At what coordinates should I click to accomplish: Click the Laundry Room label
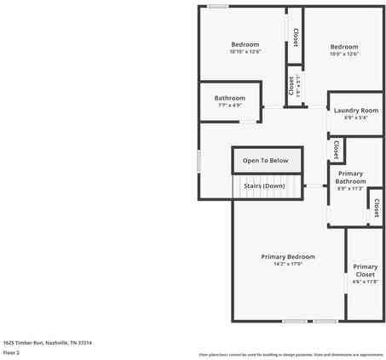(355, 111)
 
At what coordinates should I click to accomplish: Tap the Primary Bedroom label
(287, 256)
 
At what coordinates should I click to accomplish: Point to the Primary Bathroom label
(350, 177)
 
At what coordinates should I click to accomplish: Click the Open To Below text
(265, 160)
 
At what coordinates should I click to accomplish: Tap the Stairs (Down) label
(264, 186)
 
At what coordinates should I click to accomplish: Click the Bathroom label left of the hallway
(229, 97)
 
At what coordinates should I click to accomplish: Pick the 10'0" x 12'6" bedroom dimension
(344, 54)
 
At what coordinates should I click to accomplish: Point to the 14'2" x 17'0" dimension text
(287, 265)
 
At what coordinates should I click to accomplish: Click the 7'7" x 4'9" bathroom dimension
(229, 106)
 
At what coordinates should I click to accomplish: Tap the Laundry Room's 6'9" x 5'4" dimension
(355, 118)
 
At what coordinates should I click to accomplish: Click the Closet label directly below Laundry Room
(336, 150)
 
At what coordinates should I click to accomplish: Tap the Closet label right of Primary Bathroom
(376, 206)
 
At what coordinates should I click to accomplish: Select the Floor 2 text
(11, 351)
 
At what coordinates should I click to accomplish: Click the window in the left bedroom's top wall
(218, 6)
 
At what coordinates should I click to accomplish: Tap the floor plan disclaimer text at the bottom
(291, 354)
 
